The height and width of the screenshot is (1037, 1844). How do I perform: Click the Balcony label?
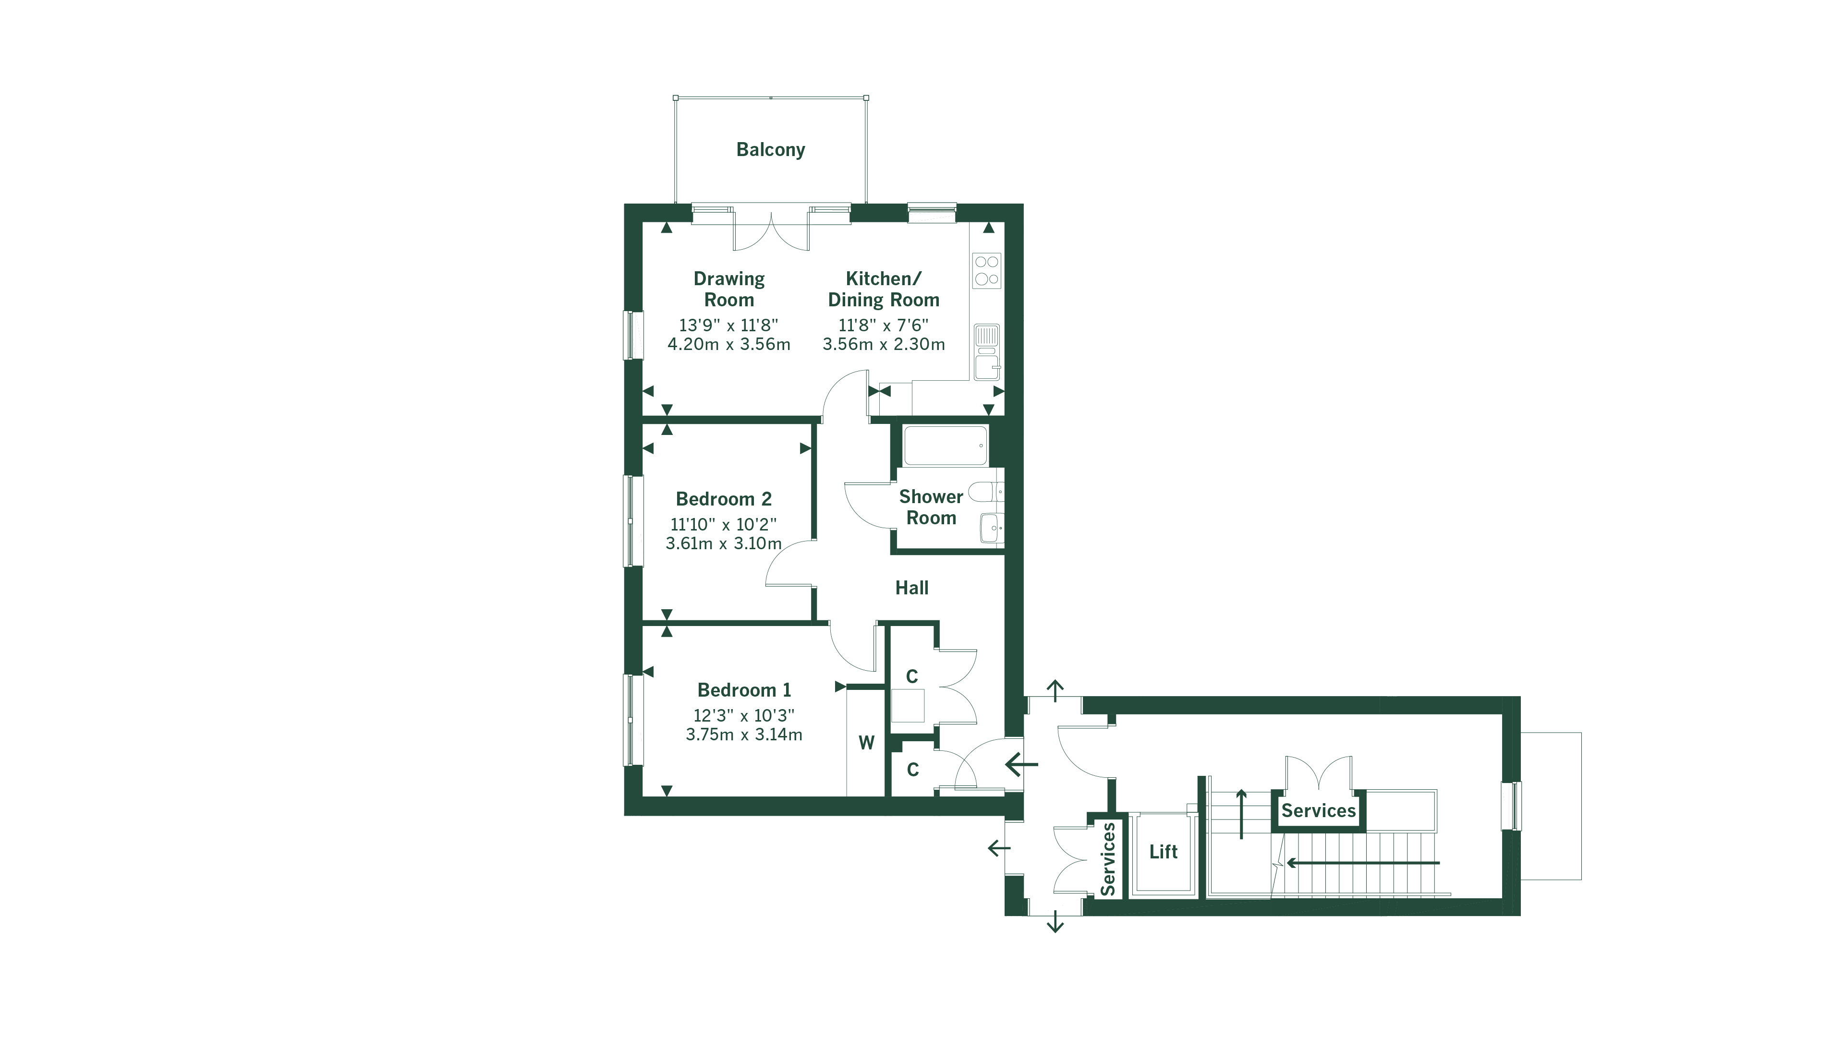point(770,150)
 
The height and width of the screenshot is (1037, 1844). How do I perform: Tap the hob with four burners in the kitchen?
point(987,270)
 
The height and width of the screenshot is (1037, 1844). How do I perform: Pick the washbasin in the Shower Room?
point(991,528)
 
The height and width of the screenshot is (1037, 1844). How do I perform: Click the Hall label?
point(911,588)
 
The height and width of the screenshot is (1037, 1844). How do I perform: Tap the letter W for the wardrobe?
point(866,743)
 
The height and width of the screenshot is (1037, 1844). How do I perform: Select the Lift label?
point(1163,852)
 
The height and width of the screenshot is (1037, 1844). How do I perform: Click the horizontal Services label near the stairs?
point(1318,811)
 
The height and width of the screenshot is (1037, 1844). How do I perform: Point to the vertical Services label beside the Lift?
point(1107,859)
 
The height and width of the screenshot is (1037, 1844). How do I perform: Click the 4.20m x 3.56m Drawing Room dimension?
point(729,344)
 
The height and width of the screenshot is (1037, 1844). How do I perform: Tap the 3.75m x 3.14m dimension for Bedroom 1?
point(744,734)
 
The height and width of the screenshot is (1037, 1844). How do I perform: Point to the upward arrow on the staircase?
point(1241,814)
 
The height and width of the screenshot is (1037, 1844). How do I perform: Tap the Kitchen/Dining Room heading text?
point(884,289)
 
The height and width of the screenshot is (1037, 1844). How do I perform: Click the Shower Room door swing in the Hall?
point(868,505)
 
